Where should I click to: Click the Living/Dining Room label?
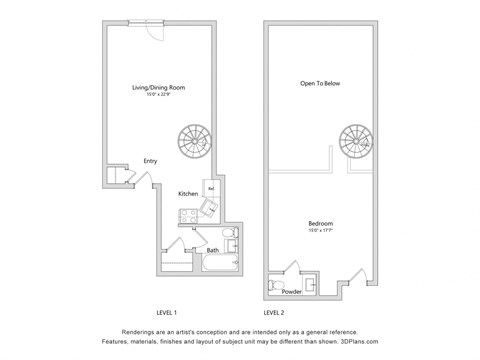pyautogui.click(x=158, y=88)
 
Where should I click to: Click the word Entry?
pyautogui.click(x=150, y=161)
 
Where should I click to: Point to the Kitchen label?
pyautogui.click(x=188, y=193)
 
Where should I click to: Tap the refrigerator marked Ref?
pyautogui.click(x=212, y=187)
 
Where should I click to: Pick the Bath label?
pyautogui.click(x=213, y=250)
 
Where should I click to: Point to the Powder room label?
pyautogui.click(x=292, y=292)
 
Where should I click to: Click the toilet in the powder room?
pyautogui.click(x=278, y=284)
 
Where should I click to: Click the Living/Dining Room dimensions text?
pyautogui.click(x=158, y=95)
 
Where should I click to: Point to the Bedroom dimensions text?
pyautogui.click(x=321, y=230)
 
